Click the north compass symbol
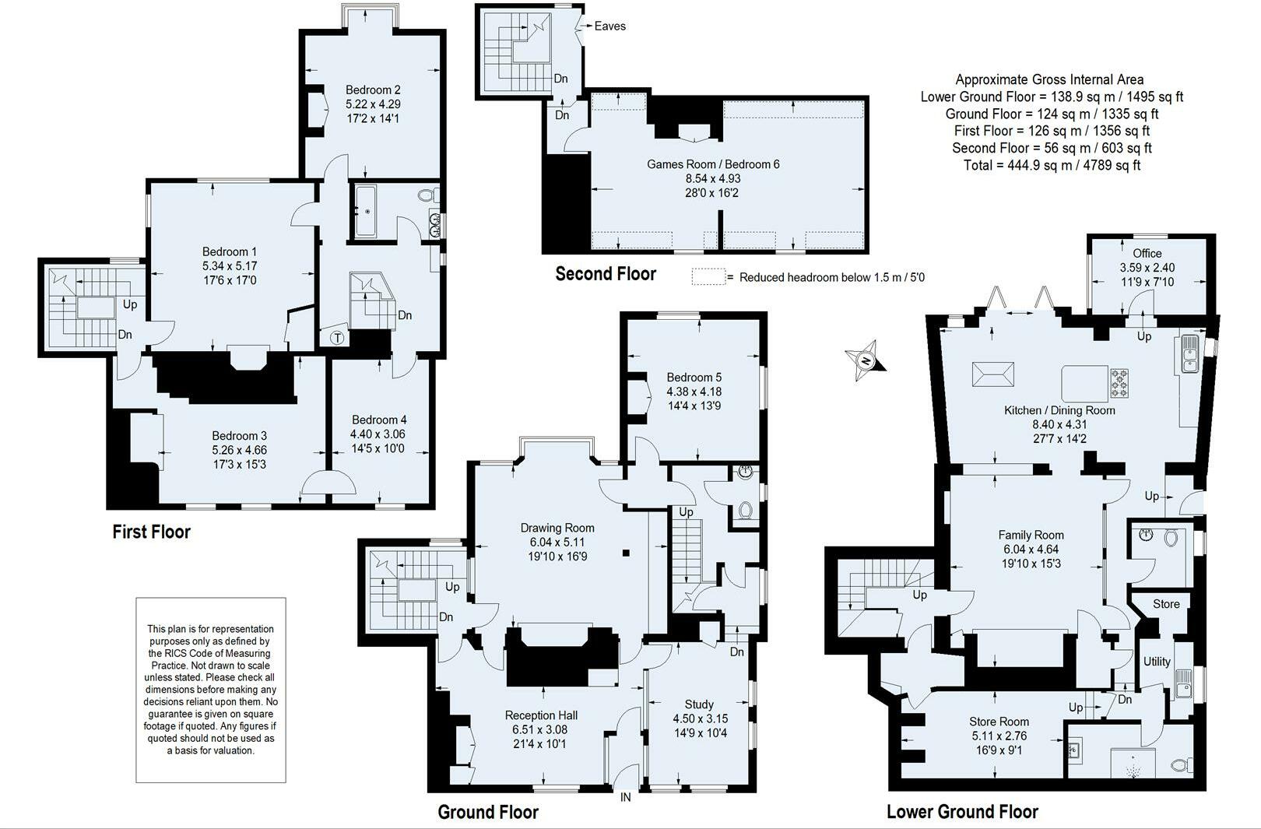pos(866,360)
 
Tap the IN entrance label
pos(625,798)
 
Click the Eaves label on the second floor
pos(609,26)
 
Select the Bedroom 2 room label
pos(373,90)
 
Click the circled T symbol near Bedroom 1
pos(337,338)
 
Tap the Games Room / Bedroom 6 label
pos(713,164)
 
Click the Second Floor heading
pos(606,274)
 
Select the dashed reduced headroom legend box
pos(708,276)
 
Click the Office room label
pos(1147,253)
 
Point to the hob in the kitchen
pos(1119,383)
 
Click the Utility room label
pos(1157,662)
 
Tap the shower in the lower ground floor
pos(1133,763)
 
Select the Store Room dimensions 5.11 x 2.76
pos(999,736)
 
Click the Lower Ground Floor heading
pos(962,812)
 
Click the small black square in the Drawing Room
pos(626,553)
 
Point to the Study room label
pos(699,704)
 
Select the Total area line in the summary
pos(1052,166)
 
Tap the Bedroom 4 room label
pos(379,420)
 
